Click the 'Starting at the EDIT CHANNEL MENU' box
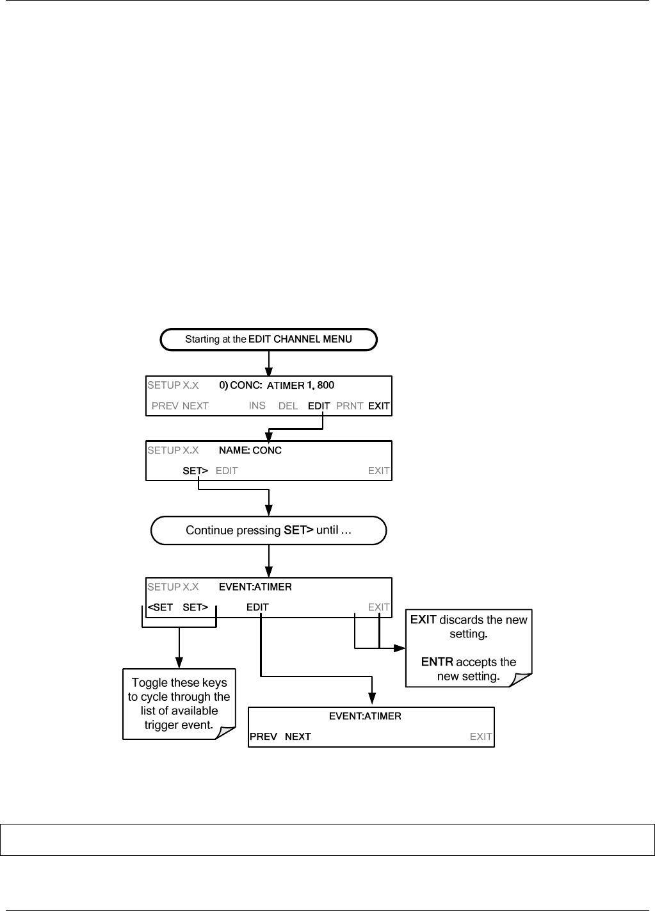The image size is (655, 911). click(269, 340)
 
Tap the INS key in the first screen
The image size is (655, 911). click(257, 406)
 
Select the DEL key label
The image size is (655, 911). click(288, 406)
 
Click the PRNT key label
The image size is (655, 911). click(349, 406)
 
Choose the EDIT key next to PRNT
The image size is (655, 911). click(319, 406)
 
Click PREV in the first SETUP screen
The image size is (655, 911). click(165, 406)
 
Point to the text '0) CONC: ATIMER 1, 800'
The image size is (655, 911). click(277, 385)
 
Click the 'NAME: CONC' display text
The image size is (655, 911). click(250, 450)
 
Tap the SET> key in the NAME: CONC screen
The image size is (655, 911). click(195, 470)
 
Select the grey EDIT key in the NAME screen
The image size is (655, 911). click(227, 470)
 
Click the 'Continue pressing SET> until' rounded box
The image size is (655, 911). click(268, 530)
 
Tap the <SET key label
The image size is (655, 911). click(160, 607)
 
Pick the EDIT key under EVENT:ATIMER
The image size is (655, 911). click(257, 607)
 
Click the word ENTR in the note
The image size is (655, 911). click(437, 662)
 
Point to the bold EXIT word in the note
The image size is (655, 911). click(423, 620)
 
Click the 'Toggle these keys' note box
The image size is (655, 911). click(179, 704)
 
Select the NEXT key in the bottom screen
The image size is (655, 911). click(298, 737)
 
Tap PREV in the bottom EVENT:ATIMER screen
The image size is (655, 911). click(263, 737)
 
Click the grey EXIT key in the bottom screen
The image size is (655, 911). click(481, 737)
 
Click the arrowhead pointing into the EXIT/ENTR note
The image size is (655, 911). click(400, 648)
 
